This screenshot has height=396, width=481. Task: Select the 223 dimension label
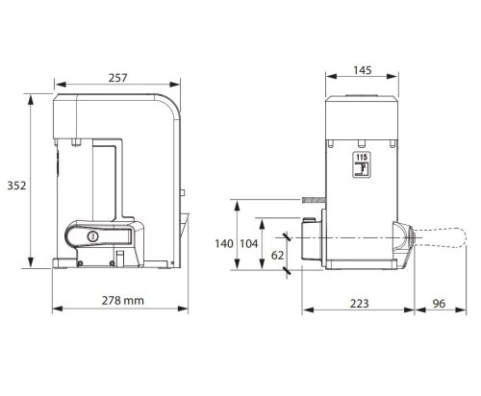tap(361, 302)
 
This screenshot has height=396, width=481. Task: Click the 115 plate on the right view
tap(361, 161)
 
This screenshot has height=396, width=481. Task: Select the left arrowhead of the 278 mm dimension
tap(53, 309)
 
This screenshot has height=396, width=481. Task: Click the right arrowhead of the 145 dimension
tap(397, 82)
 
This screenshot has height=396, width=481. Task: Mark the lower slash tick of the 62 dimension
tap(289, 272)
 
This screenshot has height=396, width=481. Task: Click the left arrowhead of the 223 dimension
tap(305, 310)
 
